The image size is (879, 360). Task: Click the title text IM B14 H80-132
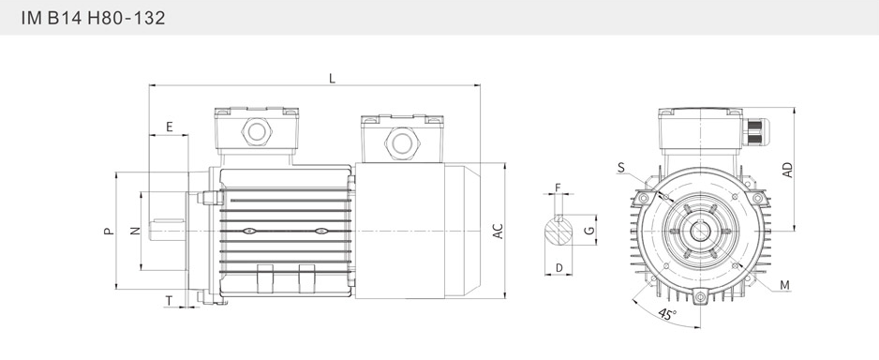point(93,18)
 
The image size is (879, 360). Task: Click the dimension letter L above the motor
point(332,79)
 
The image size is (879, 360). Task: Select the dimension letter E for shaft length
point(170,127)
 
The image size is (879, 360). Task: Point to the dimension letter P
point(110,231)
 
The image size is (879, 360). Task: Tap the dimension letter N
point(135,231)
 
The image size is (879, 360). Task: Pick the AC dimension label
point(499,231)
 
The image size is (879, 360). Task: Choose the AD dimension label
point(787,170)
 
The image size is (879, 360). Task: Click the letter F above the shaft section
point(558,187)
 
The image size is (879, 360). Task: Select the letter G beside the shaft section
point(588,230)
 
